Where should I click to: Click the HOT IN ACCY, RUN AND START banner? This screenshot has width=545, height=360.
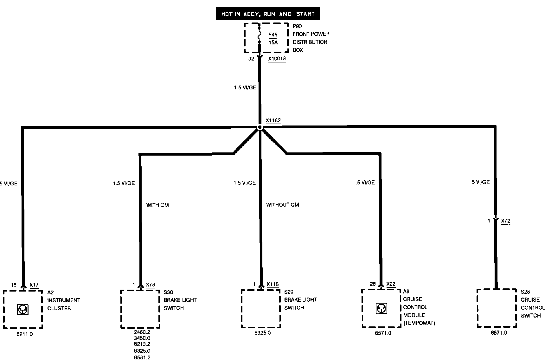click(268, 14)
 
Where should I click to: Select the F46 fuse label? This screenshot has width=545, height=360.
click(273, 35)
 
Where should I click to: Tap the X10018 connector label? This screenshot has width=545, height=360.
click(277, 59)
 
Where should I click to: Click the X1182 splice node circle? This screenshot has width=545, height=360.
click(260, 127)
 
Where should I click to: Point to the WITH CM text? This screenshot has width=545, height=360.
click(157, 205)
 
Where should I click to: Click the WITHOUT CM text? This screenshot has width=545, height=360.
click(282, 205)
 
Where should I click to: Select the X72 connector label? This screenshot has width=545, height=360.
click(506, 221)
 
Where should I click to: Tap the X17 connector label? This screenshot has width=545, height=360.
click(34, 285)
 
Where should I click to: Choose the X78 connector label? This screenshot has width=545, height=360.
click(151, 285)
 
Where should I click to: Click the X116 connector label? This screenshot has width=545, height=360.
click(272, 284)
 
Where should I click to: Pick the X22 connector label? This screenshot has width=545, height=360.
click(391, 284)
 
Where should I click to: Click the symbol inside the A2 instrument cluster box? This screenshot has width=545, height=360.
click(22, 309)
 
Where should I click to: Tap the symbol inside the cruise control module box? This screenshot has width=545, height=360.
click(381, 308)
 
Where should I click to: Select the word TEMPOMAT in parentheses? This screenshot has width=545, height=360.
click(419, 323)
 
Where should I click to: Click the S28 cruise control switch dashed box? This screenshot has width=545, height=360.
click(497, 308)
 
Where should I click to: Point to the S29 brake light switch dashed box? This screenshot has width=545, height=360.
click(261, 309)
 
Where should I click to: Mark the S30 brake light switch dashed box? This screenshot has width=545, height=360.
click(140, 309)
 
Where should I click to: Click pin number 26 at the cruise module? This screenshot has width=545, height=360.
click(373, 284)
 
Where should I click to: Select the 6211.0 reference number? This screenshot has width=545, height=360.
click(25, 334)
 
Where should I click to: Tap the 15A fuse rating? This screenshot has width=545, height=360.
click(273, 42)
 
